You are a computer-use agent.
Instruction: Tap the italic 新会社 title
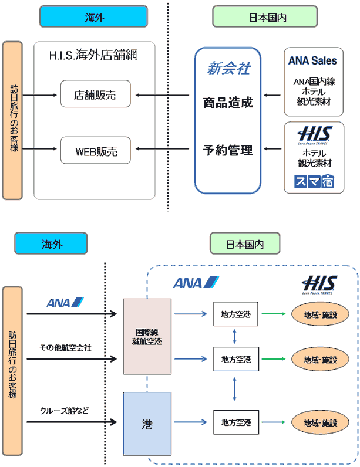tap(228, 69)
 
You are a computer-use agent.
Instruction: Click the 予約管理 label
tap(228, 151)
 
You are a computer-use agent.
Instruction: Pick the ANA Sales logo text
tap(312, 60)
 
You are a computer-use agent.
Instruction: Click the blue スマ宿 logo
tap(312, 181)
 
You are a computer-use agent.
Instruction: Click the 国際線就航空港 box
tap(147, 336)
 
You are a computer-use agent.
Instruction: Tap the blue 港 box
tap(147, 422)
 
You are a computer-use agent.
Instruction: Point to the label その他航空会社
tap(66, 348)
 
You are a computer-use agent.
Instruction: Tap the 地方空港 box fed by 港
tap(235, 422)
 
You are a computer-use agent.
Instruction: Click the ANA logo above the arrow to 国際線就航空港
tap(65, 303)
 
